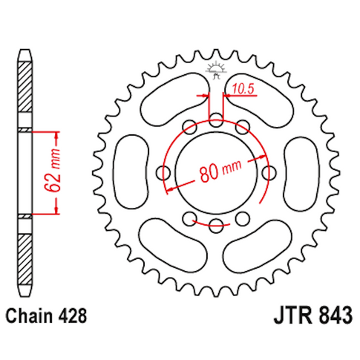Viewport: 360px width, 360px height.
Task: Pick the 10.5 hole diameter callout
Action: [x=242, y=89]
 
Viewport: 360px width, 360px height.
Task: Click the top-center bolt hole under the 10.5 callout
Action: [x=216, y=118]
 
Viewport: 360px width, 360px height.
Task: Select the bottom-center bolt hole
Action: [x=216, y=226]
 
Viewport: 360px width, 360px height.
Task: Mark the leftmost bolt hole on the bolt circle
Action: [x=162, y=172]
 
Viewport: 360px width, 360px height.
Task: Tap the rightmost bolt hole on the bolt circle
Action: [x=270, y=172]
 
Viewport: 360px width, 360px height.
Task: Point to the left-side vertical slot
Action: [x=131, y=171]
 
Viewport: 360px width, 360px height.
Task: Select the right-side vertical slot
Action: [x=301, y=171]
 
